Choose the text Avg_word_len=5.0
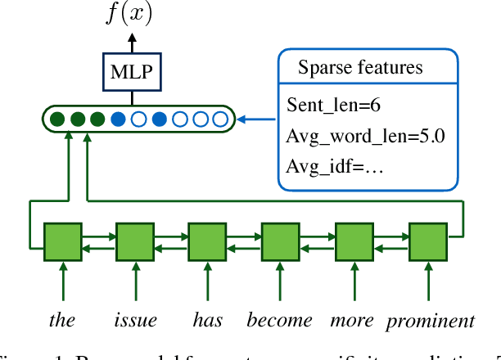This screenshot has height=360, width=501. (366, 136)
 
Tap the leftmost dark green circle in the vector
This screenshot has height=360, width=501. (57, 120)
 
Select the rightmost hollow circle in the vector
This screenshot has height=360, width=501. (219, 120)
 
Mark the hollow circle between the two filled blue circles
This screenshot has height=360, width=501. (139, 120)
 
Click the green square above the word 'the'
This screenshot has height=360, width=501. (62, 241)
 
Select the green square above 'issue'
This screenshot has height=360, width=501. (135, 241)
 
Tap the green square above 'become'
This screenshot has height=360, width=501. (280, 241)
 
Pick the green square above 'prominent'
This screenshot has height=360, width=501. (427, 241)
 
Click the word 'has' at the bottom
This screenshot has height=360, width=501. (207, 320)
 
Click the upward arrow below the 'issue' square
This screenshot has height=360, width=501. (135, 282)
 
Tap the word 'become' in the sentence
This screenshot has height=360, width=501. (280, 320)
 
